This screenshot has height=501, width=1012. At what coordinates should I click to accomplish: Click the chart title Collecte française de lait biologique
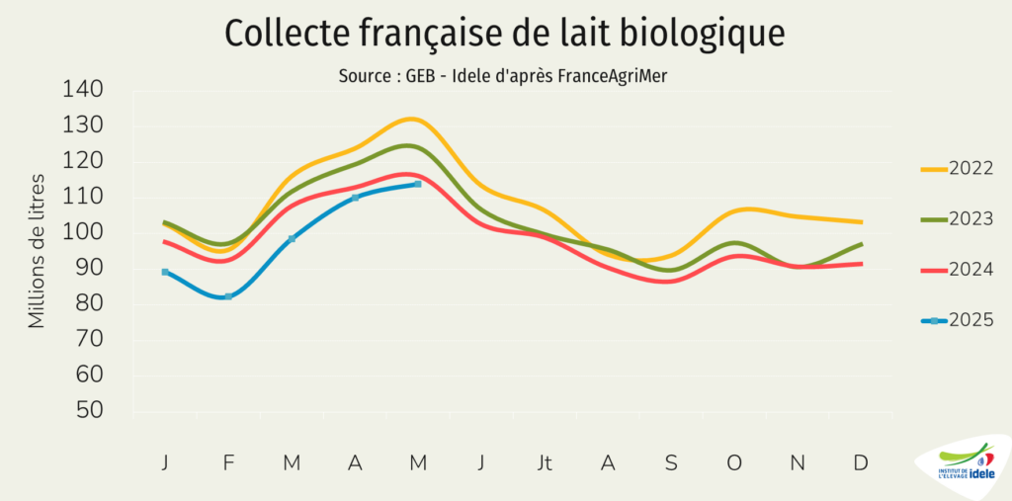(x=505, y=33)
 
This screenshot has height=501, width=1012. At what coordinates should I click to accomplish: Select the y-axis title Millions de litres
(x=38, y=251)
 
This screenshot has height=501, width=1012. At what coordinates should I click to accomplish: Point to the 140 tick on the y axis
(x=83, y=90)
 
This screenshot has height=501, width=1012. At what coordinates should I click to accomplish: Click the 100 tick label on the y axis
(x=83, y=233)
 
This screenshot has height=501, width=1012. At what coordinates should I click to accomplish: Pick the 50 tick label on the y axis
(x=89, y=411)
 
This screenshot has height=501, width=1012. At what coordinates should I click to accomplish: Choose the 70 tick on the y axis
(x=89, y=340)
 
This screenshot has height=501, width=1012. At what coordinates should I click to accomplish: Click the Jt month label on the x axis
(x=545, y=462)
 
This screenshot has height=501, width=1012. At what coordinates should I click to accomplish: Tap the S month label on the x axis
(x=671, y=462)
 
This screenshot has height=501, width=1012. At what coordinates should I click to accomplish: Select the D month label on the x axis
(x=861, y=462)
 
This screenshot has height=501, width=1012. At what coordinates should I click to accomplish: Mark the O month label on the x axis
(x=734, y=462)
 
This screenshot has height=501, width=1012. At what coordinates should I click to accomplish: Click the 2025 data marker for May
(x=418, y=184)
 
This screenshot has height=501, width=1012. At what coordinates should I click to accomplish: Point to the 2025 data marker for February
(x=228, y=296)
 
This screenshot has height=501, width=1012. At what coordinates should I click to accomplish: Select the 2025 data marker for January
(x=165, y=272)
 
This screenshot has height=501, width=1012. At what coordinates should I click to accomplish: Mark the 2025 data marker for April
(x=355, y=198)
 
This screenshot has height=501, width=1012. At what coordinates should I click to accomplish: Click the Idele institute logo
(x=965, y=465)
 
